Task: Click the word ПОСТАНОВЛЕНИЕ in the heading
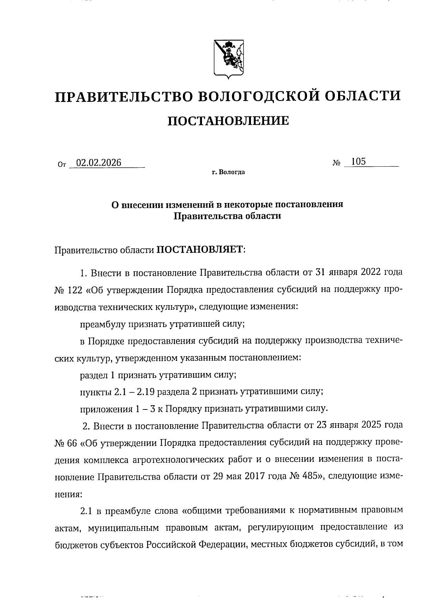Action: [228, 121]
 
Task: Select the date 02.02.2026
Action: [99, 162]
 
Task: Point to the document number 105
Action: [358, 162]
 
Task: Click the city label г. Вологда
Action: [228, 172]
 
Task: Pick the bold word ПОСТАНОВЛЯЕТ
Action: [200, 250]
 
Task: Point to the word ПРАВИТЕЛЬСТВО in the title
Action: [123, 96]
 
